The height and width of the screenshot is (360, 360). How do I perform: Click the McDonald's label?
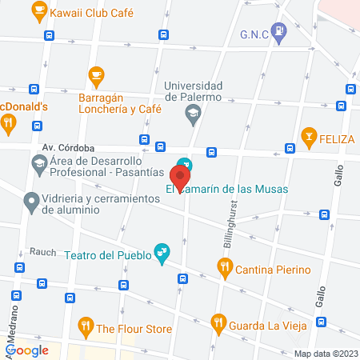point(24,106)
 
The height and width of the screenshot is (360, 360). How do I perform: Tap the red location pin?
point(181,176)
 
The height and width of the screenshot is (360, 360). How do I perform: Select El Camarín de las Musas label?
point(227,190)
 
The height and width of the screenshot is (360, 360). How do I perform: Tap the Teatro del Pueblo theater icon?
point(162,254)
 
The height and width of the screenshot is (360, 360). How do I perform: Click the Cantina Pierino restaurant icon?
point(226,268)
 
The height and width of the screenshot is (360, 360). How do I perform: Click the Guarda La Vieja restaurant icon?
point(218,323)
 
